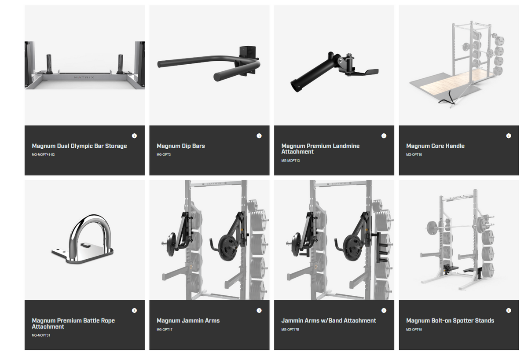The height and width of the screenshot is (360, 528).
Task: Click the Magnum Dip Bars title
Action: (180, 146)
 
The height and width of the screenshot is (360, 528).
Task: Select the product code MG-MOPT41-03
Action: (43, 154)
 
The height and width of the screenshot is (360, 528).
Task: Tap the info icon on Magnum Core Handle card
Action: (509, 136)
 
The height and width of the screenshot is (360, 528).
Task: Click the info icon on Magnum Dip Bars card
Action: (259, 136)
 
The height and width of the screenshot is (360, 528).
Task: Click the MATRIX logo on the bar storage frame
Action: (84, 77)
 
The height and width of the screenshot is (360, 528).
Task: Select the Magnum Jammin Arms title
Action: (188, 321)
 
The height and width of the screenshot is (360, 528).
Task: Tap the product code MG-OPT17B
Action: (290, 330)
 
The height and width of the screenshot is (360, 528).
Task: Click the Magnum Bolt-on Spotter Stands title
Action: (450, 321)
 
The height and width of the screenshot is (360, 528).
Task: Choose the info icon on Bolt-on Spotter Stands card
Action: (509, 311)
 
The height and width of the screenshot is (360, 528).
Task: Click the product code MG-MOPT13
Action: (290, 161)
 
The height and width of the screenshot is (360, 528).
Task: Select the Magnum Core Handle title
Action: (435, 146)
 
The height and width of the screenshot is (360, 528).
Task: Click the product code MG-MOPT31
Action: (41, 335)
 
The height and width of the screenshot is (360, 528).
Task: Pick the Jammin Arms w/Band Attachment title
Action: (329, 321)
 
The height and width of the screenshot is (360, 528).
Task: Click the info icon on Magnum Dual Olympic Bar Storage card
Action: (134, 136)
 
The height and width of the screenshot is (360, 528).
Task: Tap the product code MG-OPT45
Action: (414, 330)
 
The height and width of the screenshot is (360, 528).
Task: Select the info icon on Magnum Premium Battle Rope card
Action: (134, 311)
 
